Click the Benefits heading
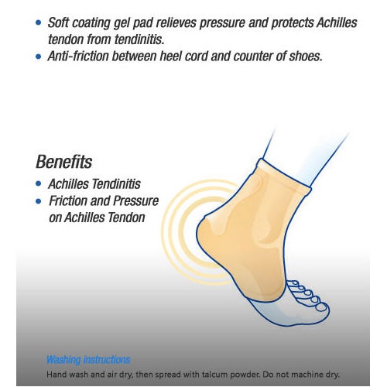[63, 162]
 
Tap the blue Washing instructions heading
[88, 360]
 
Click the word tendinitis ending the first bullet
[139, 39]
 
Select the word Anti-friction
[78, 57]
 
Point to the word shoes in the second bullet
[306, 57]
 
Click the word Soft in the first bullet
[58, 22]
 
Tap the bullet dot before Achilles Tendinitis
[39, 183]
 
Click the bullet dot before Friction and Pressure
[39, 200]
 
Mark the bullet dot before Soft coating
[39, 22]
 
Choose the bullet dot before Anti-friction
[39, 57]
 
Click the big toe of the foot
[320, 307]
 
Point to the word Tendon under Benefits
[126, 217]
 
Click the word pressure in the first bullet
[222, 23]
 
